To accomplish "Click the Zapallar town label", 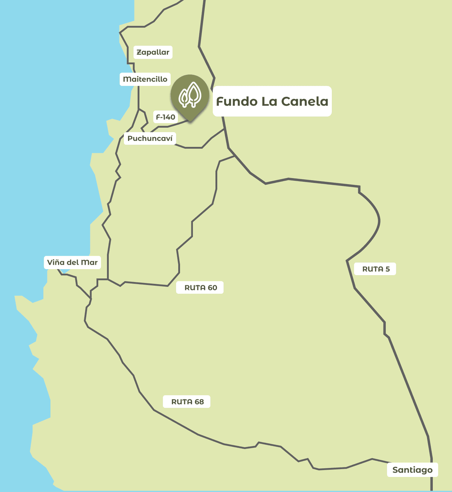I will [153, 52].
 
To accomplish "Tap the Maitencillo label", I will [145, 79].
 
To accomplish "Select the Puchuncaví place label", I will [150, 139].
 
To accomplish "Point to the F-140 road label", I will [165, 117].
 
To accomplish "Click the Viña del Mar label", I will [72, 262].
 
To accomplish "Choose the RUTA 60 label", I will [200, 288].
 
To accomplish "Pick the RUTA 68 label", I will [187, 402].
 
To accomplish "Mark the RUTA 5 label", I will [376, 269].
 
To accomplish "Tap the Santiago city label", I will [412, 470].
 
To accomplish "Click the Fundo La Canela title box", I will [272, 101].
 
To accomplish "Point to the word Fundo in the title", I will [237, 101].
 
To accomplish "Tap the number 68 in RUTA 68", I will [199, 402].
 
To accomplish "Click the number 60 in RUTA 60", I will [212, 288].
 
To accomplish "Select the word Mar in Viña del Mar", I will [89, 262].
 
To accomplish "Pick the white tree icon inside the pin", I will [190, 94].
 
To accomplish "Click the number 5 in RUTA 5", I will [388, 269].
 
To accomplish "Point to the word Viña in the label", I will [56, 262].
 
